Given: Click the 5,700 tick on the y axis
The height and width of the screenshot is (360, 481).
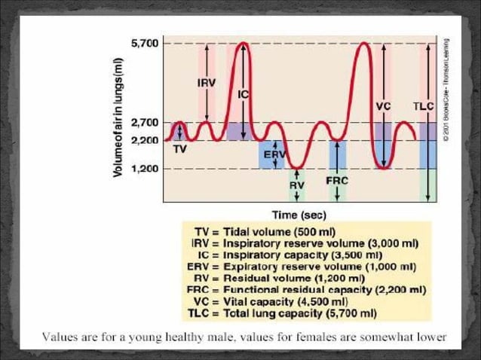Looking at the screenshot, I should (145, 43).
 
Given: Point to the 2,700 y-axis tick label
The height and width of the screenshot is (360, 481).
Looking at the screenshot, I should (145, 122).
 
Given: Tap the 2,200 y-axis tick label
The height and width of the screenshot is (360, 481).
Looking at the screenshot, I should (145, 140).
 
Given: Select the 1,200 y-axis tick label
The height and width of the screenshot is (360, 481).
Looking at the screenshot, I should (145, 169).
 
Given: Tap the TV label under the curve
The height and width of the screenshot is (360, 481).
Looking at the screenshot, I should (179, 150).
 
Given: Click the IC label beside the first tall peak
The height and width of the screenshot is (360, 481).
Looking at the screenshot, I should (244, 95).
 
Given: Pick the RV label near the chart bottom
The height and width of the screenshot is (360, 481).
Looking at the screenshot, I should (296, 184).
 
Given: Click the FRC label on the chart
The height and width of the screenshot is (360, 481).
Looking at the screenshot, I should (336, 181).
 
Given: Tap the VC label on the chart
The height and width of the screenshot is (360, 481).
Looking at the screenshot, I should (383, 106).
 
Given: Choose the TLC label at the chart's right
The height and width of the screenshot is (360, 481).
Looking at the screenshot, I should (424, 106).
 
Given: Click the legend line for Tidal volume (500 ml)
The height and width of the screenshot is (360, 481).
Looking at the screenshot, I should (265, 230).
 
